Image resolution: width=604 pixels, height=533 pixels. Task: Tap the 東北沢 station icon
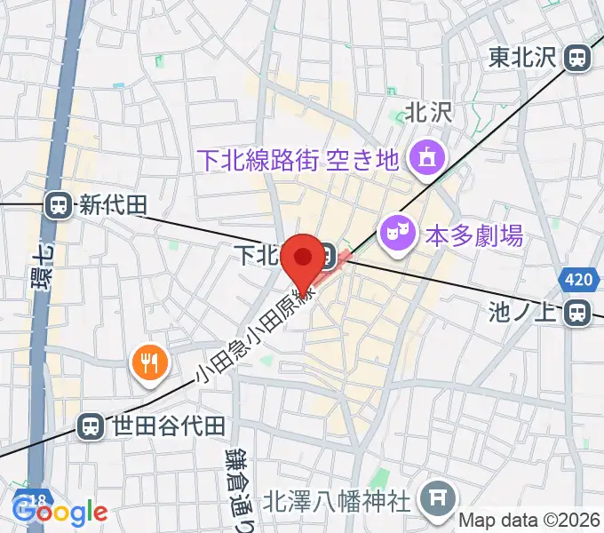pyautogui.click(x=577, y=59)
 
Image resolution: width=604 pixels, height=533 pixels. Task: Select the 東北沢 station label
pyautogui.click(x=522, y=59)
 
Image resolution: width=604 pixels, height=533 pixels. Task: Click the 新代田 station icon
pyautogui.click(x=59, y=206)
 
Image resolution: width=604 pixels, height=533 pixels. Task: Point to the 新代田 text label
pyautogui.click(x=112, y=206)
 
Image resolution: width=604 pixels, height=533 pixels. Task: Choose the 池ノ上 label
pyautogui.click(x=527, y=312)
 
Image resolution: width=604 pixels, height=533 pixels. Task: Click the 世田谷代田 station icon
pyautogui.click(x=90, y=427)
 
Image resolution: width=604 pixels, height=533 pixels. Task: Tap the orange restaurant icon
pyautogui.click(x=148, y=362)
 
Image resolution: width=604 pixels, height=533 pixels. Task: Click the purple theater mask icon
pyautogui.click(x=394, y=235)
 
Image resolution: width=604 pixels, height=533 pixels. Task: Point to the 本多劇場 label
pyautogui.click(x=473, y=236)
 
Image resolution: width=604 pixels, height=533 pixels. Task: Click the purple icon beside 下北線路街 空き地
pyautogui.click(x=423, y=160)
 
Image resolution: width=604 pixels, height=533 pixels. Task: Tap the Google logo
pyautogui.click(x=60, y=512)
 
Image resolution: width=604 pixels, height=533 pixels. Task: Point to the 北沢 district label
pyautogui.click(x=429, y=112)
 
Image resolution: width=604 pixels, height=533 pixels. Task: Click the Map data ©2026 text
pyautogui.click(x=530, y=520)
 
